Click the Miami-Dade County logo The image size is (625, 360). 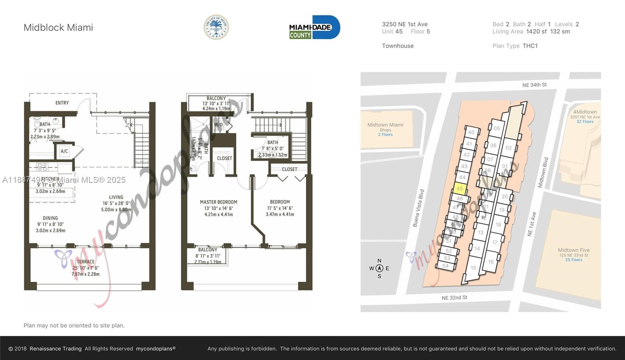click(314, 27)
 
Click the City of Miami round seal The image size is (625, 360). click(216, 27)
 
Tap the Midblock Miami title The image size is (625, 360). click(58, 28)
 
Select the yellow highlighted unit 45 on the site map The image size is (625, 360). click(460, 189)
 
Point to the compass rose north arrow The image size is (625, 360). click(379, 268)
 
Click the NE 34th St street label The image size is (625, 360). click(534, 85)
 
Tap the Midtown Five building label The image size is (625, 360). click(573, 250)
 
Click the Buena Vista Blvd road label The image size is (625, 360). click(418, 208)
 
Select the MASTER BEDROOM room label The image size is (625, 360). click(218, 202)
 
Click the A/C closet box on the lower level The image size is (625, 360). click(64, 151)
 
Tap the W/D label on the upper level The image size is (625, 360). click(218, 125)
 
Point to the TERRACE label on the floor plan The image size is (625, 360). click(86, 262)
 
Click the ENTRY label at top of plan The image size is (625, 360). click(62, 103)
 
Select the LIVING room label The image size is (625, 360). click(116, 197)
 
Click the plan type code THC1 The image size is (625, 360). click(530, 46)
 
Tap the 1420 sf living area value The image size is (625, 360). click(536, 32)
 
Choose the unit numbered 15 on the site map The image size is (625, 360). click(473, 268)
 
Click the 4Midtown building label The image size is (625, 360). click(585, 112)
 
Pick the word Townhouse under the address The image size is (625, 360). click(398, 46)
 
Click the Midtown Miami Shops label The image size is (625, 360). click(385, 125)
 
